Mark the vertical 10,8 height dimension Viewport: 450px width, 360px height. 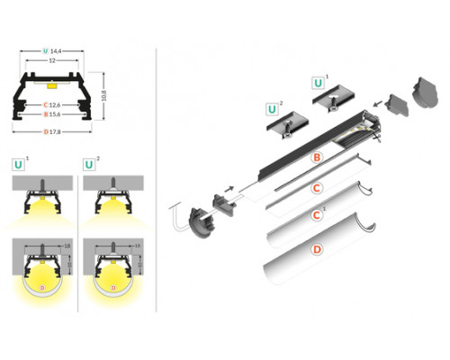[x=105, y=94]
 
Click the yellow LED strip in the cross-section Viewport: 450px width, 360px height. [x=54, y=85]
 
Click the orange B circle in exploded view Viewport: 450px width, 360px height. [x=316, y=157]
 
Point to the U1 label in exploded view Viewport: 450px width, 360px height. [x=319, y=83]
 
